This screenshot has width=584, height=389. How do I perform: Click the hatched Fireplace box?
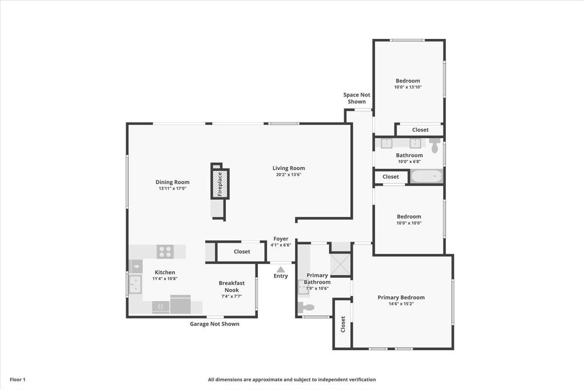220,184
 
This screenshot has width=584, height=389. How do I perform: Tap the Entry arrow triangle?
280,269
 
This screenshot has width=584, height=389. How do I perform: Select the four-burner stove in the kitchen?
165,251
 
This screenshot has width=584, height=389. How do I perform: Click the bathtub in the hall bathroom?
427,177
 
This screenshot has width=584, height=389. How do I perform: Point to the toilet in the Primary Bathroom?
306,307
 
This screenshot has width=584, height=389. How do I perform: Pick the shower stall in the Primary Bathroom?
340,265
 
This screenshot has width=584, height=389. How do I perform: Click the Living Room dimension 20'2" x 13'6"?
289,175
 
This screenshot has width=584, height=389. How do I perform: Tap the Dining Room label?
172,182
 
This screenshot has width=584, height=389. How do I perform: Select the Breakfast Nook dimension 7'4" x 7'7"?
232,296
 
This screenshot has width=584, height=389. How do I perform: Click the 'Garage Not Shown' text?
214,324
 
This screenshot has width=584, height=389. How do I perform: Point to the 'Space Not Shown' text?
357,98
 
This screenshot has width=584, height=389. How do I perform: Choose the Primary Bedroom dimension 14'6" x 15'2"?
401,303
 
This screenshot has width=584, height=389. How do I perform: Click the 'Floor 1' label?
18,380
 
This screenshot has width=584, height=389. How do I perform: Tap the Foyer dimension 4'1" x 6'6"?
281,245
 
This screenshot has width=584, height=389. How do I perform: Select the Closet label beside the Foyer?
242,251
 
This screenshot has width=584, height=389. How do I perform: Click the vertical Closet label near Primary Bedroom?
343,324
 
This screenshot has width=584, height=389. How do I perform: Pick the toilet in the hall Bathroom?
435,145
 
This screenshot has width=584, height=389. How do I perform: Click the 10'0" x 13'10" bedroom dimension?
408,87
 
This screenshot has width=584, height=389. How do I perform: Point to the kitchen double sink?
135,284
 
